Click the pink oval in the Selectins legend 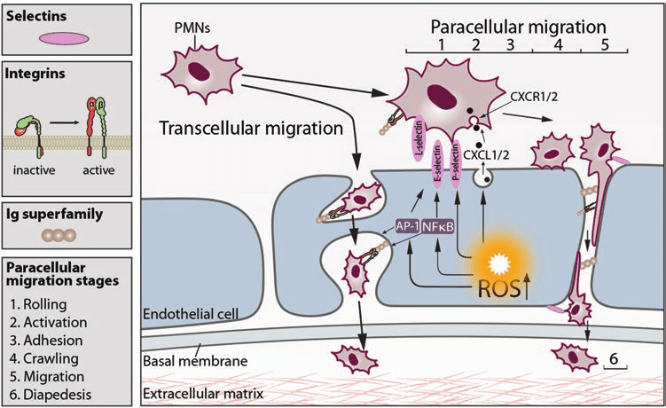click(x=64, y=39)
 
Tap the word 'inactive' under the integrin click(x=35, y=170)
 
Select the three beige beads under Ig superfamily click(x=59, y=235)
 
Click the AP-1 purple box click(x=407, y=226)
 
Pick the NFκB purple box click(x=438, y=226)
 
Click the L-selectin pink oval click(x=419, y=140)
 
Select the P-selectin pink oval click(x=457, y=162)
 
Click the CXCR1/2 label click(x=534, y=97)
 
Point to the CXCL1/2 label click(x=486, y=154)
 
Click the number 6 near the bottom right click(x=615, y=359)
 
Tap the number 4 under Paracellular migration click(x=558, y=43)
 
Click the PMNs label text click(x=192, y=28)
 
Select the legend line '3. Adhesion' click(x=46, y=341)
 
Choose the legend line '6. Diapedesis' click(x=51, y=395)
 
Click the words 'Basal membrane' click(x=195, y=361)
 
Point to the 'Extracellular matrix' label click(x=203, y=394)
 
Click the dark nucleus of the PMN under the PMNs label click(x=199, y=71)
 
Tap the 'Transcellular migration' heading click(x=251, y=128)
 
